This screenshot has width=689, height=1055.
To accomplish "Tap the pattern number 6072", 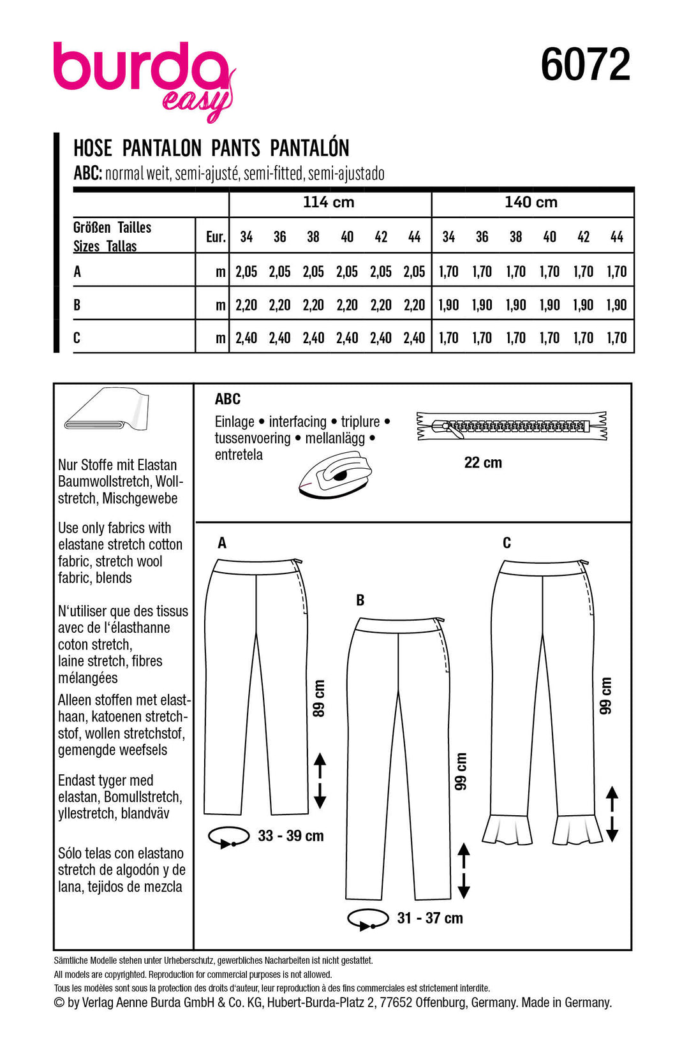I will point(585,64).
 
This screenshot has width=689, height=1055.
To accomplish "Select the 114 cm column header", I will point(329,202).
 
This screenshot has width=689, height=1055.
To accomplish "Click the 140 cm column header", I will point(531,202).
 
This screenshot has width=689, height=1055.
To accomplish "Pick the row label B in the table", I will point(77,305).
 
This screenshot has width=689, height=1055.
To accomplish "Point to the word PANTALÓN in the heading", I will point(309,148).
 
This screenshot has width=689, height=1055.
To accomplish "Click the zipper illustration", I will point(512,426).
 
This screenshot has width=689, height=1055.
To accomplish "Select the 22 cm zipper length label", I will point(483,462).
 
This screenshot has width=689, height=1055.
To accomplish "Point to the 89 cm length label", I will point(318,698).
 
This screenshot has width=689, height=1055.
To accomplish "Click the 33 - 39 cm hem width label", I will point(291,836).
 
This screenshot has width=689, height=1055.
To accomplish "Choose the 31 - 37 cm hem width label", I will point(430,918).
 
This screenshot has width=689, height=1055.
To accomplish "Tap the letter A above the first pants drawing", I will point(222,543).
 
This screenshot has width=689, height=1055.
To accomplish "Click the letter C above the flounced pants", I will point(507,543).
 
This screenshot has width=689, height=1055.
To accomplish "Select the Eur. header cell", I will point(216,237).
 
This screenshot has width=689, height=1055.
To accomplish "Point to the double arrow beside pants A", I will point(320,781).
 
